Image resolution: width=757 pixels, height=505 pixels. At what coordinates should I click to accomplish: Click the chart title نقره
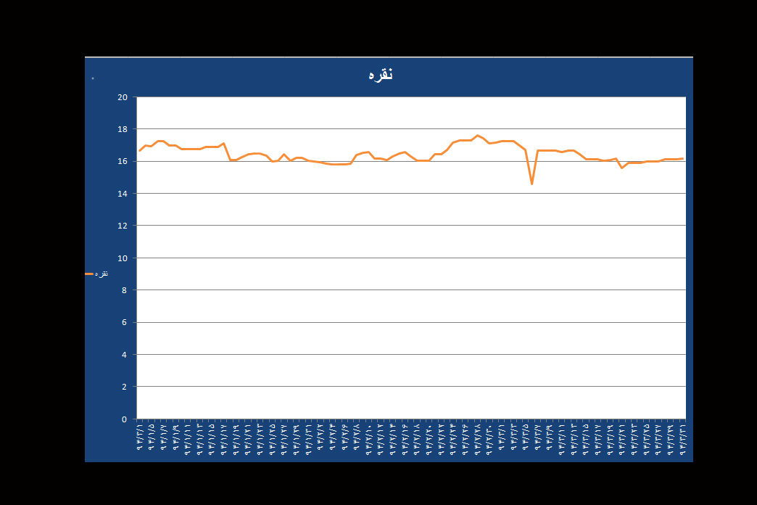(380, 75)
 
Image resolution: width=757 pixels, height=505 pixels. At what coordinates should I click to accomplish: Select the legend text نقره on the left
(102, 274)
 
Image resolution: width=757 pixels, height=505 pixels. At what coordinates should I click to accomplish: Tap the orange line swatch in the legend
(89, 274)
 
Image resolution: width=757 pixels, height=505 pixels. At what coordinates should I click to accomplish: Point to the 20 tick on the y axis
(123, 97)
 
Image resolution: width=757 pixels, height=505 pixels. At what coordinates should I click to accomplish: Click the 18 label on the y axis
(123, 129)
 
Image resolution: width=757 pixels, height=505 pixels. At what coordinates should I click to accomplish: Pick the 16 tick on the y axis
(123, 161)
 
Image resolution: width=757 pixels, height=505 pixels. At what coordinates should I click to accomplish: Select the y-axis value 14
(123, 194)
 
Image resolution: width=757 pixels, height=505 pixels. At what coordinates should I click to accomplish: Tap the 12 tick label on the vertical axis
(123, 226)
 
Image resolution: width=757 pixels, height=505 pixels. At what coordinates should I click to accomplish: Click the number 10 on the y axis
(123, 258)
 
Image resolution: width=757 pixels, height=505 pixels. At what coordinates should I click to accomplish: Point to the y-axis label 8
(125, 290)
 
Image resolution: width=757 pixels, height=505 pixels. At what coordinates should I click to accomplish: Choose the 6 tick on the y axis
(125, 322)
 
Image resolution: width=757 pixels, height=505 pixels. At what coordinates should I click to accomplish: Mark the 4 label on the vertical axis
(125, 355)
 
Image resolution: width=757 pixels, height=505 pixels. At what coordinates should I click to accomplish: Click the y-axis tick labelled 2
(125, 387)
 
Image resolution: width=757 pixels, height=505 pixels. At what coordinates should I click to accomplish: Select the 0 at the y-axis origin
(125, 419)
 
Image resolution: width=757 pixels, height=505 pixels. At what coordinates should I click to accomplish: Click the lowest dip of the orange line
(531, 184)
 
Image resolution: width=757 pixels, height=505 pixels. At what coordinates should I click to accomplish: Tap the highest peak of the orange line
(477, 135)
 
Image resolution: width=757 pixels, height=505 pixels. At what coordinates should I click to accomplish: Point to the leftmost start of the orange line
(139, 150)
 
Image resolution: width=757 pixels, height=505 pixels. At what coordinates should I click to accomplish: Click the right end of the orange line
(682, 158)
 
